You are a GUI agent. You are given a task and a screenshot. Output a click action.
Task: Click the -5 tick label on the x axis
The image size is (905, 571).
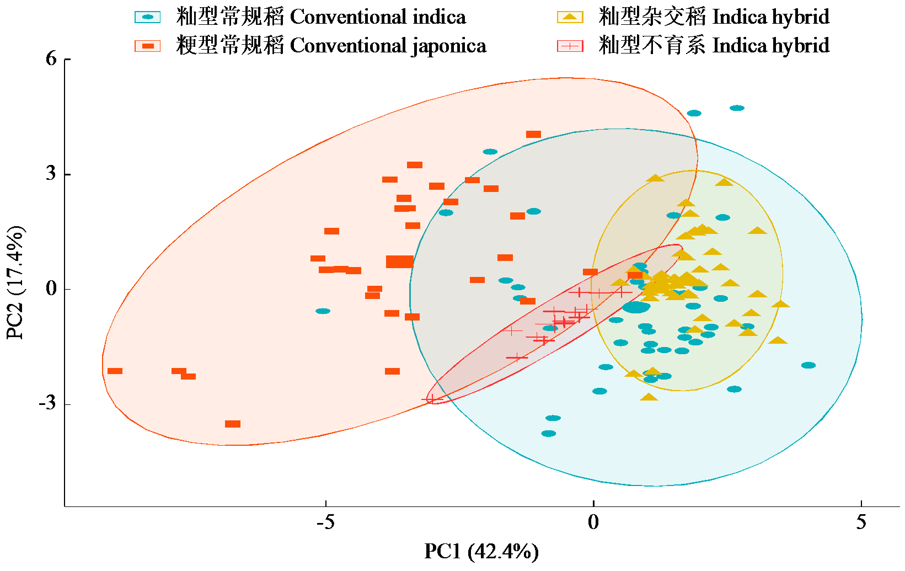(325, 522)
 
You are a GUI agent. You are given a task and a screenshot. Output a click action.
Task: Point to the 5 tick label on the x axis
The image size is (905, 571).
(861, 522)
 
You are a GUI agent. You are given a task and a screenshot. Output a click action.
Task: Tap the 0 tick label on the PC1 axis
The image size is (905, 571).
(593, 522)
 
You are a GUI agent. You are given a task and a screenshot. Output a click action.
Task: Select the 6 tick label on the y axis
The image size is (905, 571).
(51, 58)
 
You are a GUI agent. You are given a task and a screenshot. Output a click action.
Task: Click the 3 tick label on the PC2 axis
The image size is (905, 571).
(51, 174)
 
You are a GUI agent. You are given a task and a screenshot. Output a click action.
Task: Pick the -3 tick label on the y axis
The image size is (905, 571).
(47, 403)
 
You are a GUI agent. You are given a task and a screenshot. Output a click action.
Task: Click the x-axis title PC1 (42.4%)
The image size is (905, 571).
(481, 551)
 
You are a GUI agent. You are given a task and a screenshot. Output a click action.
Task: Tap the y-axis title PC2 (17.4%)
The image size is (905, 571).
(15, 282)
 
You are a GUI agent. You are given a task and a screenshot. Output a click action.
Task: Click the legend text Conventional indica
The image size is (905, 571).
(378, 17)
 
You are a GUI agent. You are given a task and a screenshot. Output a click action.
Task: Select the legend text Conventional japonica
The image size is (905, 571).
(388, 45)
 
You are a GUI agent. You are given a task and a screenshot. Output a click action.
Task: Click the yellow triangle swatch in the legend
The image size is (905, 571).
(570, 17)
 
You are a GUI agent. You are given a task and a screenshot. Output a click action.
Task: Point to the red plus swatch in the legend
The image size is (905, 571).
(570, 46)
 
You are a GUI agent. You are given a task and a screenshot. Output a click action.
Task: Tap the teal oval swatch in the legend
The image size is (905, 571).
(148, 17)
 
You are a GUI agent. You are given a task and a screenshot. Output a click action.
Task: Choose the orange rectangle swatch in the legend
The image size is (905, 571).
(148, 46)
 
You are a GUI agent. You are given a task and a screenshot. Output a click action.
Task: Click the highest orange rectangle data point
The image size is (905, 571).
(533, 134)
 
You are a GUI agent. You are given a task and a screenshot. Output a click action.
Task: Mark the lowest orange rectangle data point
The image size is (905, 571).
(233, 424)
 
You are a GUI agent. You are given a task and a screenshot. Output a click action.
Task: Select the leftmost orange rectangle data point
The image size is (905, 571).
(115, 371)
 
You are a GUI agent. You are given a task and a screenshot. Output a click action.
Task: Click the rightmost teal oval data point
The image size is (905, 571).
(808, 365)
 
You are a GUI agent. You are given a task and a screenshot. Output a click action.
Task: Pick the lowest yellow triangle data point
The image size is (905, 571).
(649, 397)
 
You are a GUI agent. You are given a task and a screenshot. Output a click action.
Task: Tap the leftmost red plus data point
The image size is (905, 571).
(432, 399)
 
